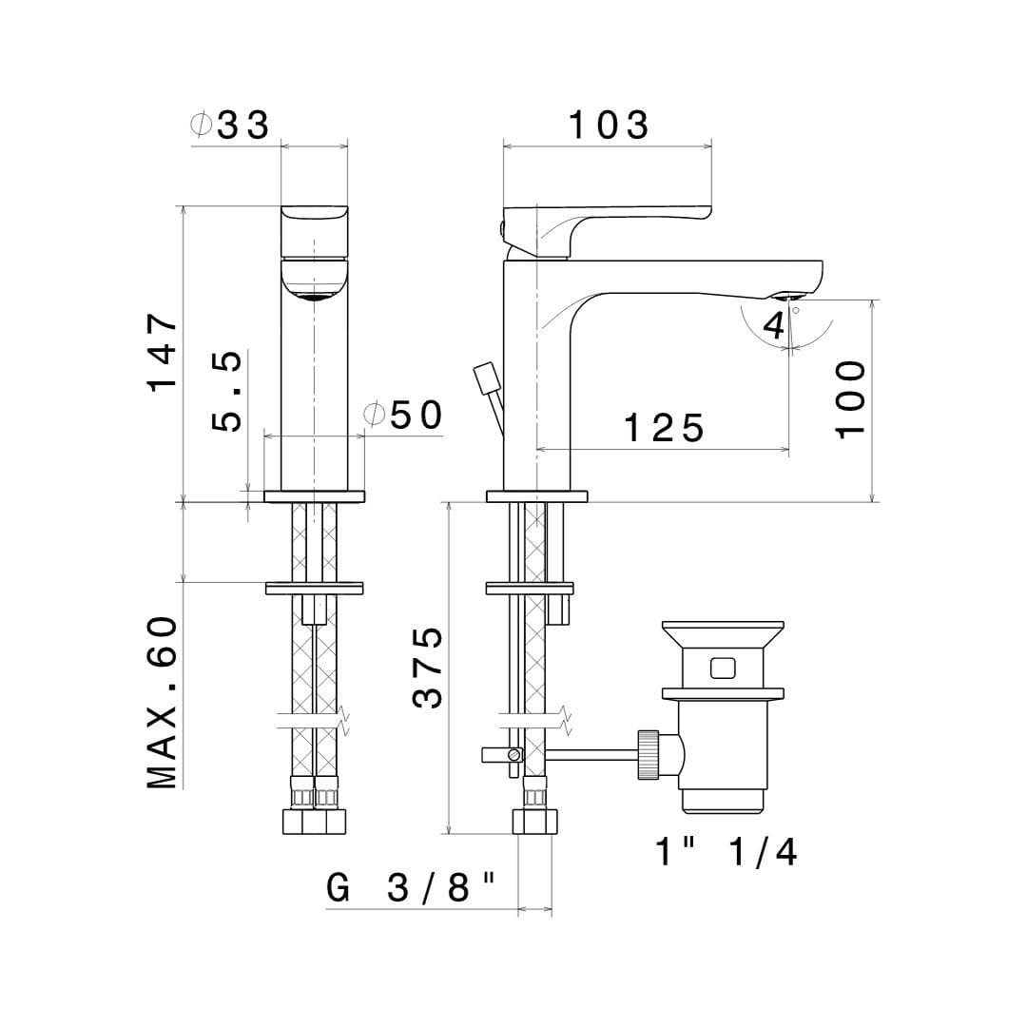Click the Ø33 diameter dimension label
pos(229,125)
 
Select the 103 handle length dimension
pos(609,125)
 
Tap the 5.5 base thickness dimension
pos(226,391)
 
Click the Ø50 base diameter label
pos(403,415)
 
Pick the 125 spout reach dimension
pos(664,428)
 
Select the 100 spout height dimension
pos(850,398)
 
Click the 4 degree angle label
pos(774,325)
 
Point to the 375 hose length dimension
pos(428,668)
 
